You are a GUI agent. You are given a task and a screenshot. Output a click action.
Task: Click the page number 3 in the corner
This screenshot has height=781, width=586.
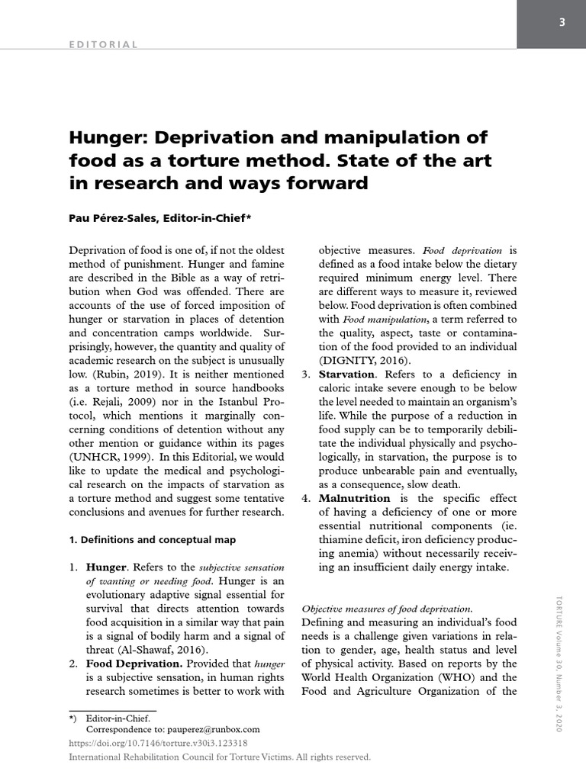[x=561, y=22]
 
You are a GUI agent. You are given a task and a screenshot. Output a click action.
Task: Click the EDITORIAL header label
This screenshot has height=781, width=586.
[x=104, y=44]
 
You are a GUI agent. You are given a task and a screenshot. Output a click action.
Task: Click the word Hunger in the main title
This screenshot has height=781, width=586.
[x=108, y=138]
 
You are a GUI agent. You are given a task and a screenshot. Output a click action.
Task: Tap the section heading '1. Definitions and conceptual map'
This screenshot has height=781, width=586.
[x=153, y=539]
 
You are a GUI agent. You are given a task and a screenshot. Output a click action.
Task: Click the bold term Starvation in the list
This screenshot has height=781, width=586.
[x=346, y=374]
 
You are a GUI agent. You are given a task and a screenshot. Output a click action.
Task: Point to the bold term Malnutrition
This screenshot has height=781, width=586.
[x=353, y=498]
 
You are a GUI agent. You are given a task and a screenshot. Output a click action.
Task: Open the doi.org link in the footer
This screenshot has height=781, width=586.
[x=158, y=743]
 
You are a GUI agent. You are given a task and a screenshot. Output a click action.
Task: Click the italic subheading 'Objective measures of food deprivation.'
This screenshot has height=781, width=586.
[x=387, y=609]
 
